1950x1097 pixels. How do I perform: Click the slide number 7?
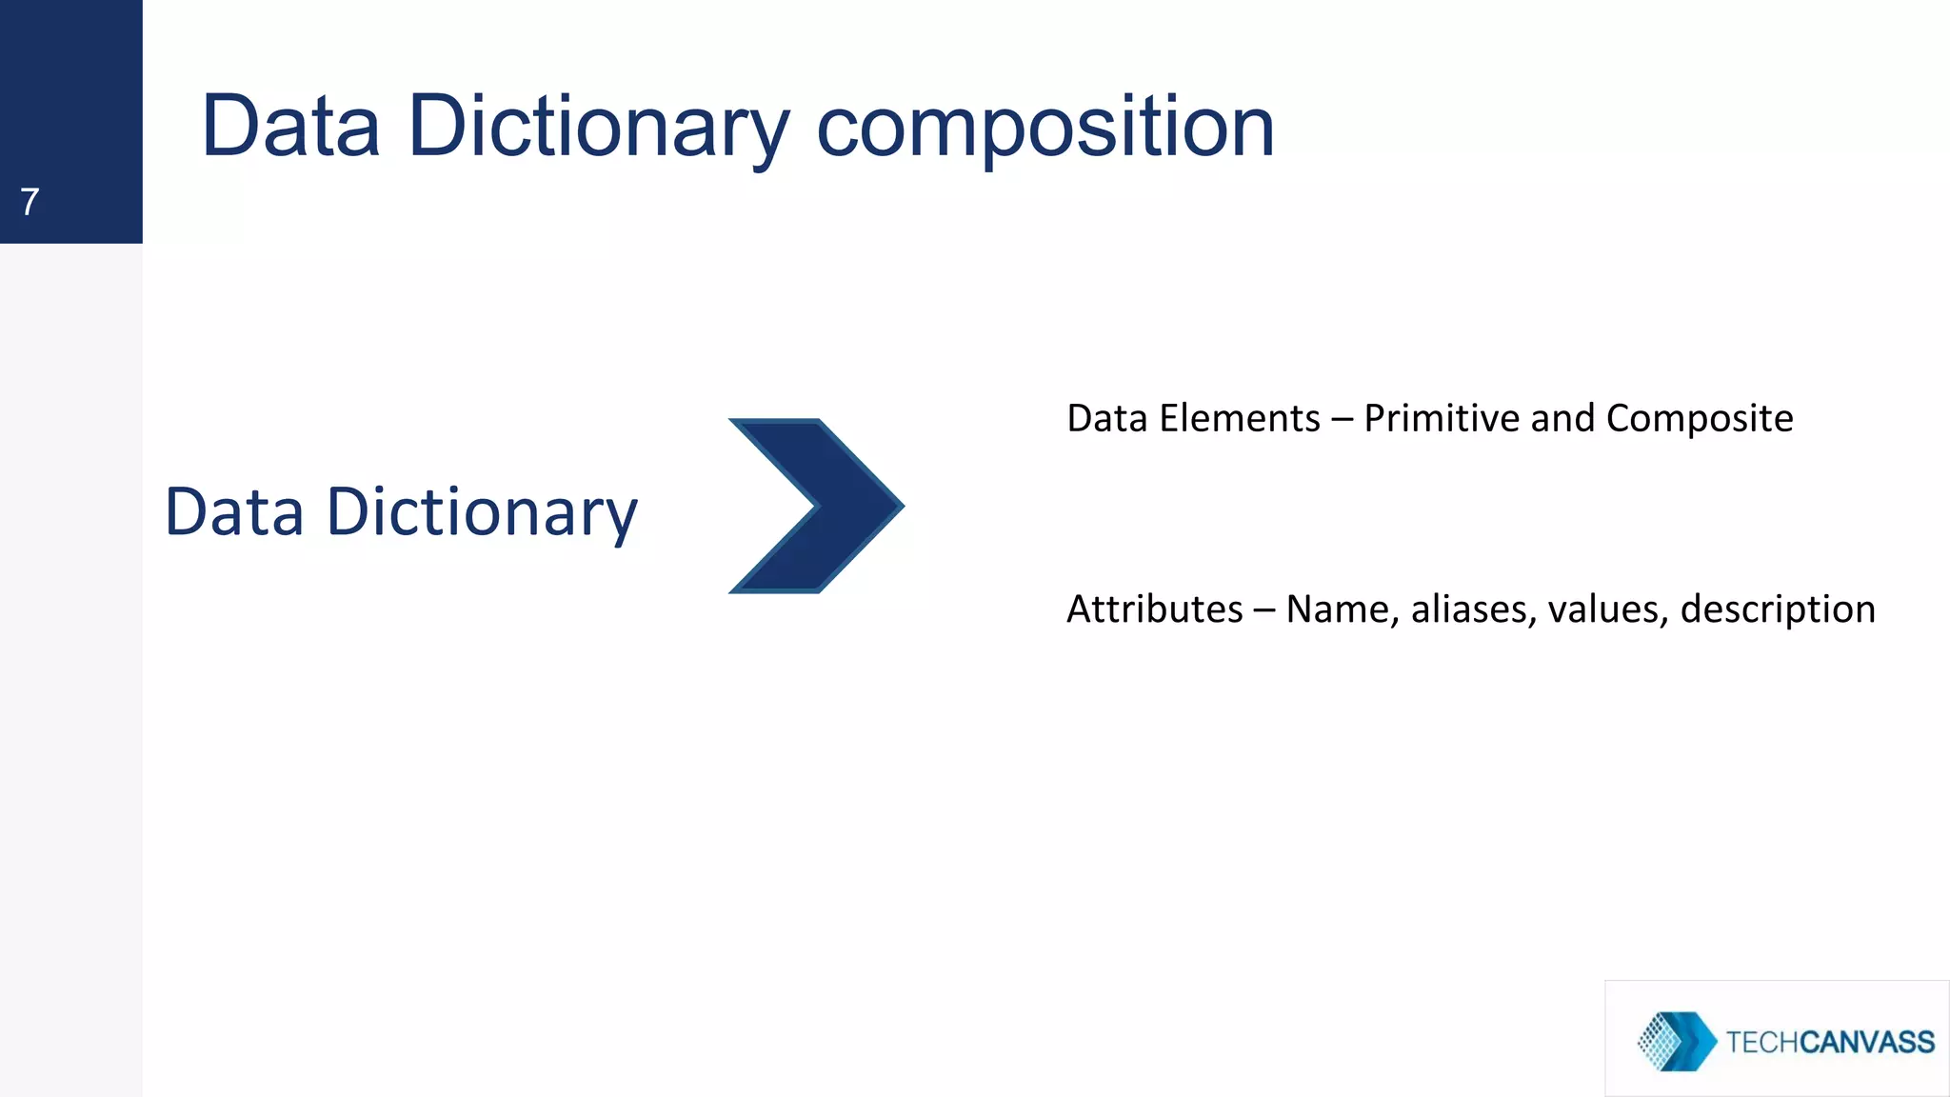pyautogui.click(x=30, y=202)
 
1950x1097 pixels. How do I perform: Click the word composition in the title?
pyautogui.click(x=1045, y=129)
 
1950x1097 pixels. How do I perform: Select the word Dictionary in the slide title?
pyautogui.click(x=598, y=129)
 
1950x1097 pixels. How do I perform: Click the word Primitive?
pyautogui.click(x=1441, y=419)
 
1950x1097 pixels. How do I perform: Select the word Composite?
pyautogui.click(x=1699, y=419)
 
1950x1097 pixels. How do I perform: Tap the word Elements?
pyautogui.click(x=1239, y=419)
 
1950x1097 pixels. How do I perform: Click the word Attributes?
pyautogui.click(x=1154, y=609)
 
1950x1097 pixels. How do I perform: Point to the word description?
pyautogui.click(x=1777, y=609)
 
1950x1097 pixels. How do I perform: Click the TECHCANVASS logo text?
pyautogui.click(x=1829, y=1042)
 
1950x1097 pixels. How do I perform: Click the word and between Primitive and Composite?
pyautogui.click(x=1562, y=419)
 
